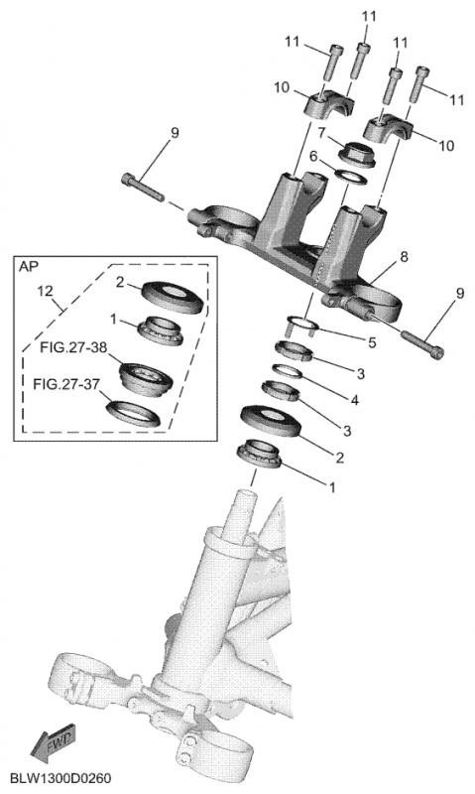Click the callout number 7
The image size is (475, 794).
click(322, 133)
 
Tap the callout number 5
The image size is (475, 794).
click(372, 343)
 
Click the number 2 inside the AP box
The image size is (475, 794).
click(119, 282)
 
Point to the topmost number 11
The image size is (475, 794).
click(370, 17)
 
